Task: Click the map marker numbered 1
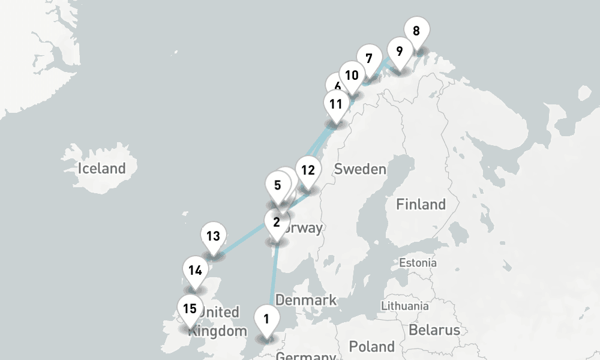[x=266, y=319]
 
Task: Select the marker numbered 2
[x=276, y=223]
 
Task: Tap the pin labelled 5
[x=277, y=185]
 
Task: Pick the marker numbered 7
[x=368, y=59]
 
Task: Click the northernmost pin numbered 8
[x=416, y=31]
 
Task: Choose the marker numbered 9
[x=399, y=50]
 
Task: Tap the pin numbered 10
[x=352, y=76]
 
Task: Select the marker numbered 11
[x=335, y=104]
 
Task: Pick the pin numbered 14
[x=194, y=271]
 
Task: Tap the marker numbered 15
[x=190, y=310]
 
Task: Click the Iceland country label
[x=101, y=169]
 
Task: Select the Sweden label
[x=360, y=169]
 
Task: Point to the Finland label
[x=421, y=205]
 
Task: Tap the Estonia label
[x=418, y=263]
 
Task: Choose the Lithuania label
[x=405, y=306]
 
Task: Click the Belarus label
[x=434, y=330]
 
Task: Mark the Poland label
[x=372, y=346]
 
